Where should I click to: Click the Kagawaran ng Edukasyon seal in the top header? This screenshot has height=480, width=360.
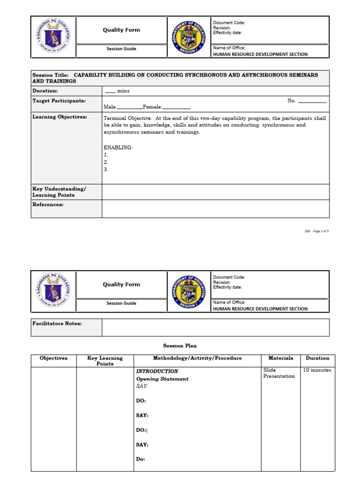click(53, 37)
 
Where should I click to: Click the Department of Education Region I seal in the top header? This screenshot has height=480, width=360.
click(188, 37)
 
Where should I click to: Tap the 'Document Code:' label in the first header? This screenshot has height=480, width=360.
click(229, 22)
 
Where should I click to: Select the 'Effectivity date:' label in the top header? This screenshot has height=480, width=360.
click(227, 33)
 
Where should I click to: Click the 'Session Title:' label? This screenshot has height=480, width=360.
click(51, 75)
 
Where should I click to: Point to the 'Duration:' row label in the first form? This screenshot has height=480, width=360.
click(45, 91)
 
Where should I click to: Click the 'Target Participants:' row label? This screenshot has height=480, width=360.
click(59, 101)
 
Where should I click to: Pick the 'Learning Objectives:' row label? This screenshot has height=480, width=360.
click(60, 117)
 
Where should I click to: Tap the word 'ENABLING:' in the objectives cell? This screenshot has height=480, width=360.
click(118, 148)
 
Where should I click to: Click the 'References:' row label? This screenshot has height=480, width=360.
click(48, 204)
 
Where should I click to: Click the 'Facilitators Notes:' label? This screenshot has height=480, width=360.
click(57, 323)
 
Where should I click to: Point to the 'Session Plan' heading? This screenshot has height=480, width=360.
click(180, 346)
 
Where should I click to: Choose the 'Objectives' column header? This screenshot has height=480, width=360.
click(53, 358)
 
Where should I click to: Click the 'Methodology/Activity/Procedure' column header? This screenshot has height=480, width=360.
click(197, 358)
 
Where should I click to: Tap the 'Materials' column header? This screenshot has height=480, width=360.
click(280, 358)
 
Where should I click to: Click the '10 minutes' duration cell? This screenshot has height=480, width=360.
click(317, 370)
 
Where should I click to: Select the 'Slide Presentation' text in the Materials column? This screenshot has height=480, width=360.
click(279, 373)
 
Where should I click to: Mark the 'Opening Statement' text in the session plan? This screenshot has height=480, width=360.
click(162, 379)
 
